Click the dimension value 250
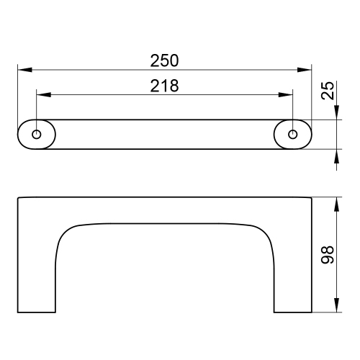click(164, 59)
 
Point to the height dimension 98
click(328, 256)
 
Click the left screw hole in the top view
click(37, 134)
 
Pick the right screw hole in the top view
click(292, 134)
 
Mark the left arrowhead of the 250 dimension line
click(22, 70)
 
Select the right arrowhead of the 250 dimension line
click(306, 70)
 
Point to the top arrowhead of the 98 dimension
click(337, 202)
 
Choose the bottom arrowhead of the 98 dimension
click(337, 307)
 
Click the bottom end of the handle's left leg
click(36, 311)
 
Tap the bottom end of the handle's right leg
click(292, 311)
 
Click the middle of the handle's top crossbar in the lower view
click(164, 210)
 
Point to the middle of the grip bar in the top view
click(164, 134)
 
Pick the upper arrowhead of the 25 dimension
click(337, 114)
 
